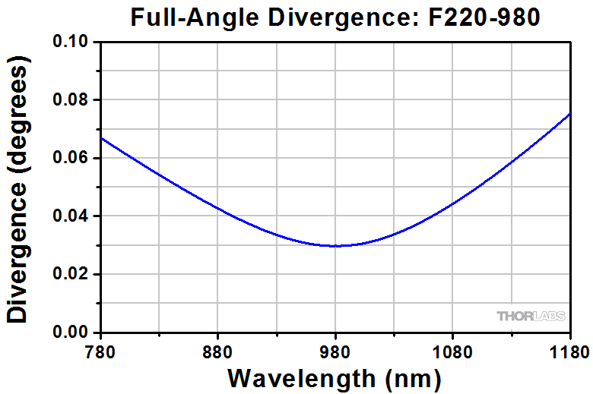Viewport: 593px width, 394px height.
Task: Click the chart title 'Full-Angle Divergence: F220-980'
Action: point(335,17)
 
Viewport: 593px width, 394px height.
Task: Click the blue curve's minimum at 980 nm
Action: point(335,246)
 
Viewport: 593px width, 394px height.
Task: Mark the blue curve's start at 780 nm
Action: point(101,138)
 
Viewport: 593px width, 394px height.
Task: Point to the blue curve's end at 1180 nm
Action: point(569,114)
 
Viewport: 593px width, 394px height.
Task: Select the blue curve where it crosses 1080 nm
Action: point(452,204)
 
